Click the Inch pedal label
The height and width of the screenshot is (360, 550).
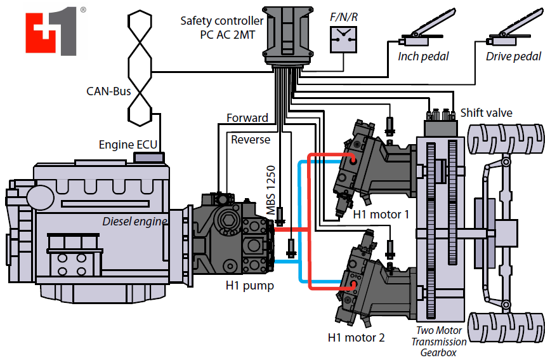[x=423, y=57]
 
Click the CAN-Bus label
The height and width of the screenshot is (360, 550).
[x=108, y=91]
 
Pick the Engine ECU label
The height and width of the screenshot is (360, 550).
[x=128, y=145]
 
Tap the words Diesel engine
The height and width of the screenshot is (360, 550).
[x=134, y=222]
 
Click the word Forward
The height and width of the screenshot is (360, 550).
[x=247, y=118]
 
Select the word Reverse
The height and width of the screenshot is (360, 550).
[x=251, y=140]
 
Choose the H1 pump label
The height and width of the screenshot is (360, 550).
[x=249, y=286]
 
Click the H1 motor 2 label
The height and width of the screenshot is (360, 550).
[x=356, y=337]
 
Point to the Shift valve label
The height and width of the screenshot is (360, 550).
[x=487, y=113]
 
